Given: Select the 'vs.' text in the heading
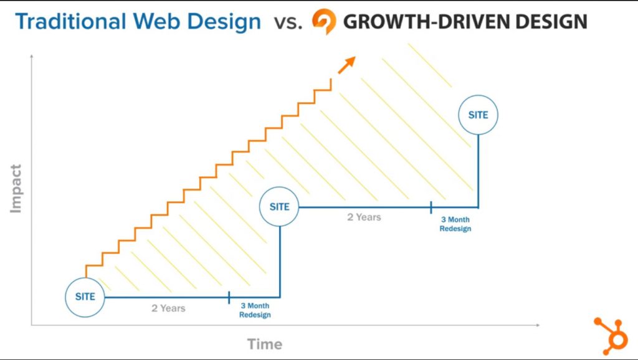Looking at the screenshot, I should pyautogui.click(x=288, y=22).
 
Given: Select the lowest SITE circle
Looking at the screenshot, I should pyautogui.click(x=85, y=296).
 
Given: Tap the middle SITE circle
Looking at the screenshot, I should pyautogui.click(x=280, y=206).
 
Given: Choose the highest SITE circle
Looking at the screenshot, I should pyautogui.click(x=478, y=115).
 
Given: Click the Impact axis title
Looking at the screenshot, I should pyautogui.click(x=16, y=188).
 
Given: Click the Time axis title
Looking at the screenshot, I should pyautogui.click(x=265, y=344).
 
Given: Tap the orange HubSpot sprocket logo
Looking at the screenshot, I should pyautogui.click(x=611, y=334).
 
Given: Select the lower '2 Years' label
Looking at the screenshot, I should pyautogui.click(x=168, y=308).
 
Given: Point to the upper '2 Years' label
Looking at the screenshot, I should pyautogui.click(x=364, y=217).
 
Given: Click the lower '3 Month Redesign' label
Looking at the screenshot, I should pyautogui.click(x=255, y=310).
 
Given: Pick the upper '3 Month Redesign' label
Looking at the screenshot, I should pyautogui.click(x=455, y=224).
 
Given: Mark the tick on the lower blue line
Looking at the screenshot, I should pyautogui.click(x=229, y=297).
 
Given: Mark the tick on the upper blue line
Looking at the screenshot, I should pyautogui.click(x=431, y=207).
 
